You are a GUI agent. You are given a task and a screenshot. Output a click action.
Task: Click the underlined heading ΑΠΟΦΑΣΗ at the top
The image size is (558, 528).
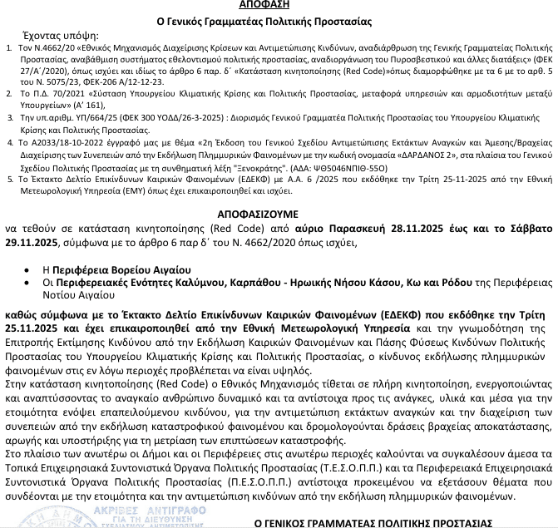(278, 5)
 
